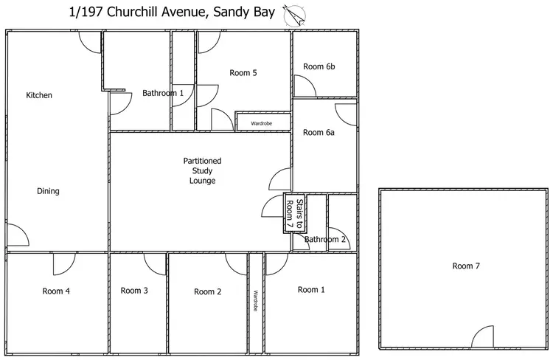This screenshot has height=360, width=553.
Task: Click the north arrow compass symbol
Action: [x=295, y=16]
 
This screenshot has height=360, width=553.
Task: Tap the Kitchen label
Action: [x=39, y=95]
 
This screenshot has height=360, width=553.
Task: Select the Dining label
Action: [x=49, y=191]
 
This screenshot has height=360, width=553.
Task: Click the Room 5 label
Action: [x=243, y=73]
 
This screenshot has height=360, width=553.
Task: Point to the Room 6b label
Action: [x=319, y=66]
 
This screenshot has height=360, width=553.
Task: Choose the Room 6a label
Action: [x=319, y=132]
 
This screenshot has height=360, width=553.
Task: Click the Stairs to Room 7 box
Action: [x=295, y=212]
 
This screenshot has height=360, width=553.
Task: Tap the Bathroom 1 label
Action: [x=163, y=93]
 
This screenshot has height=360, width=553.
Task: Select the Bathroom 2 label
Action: [x=325, y=239]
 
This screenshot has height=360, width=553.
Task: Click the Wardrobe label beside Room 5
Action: [x=261, y=123]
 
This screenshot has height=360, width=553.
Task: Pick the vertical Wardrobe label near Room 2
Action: [x=256, y=301]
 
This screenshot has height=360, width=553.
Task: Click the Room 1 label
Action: [x=311, y=290]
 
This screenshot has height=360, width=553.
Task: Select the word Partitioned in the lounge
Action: [x=203, y=161]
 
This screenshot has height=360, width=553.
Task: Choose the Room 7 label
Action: [x=466, y=266]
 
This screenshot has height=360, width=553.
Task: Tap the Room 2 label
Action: [x=208, y=292]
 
